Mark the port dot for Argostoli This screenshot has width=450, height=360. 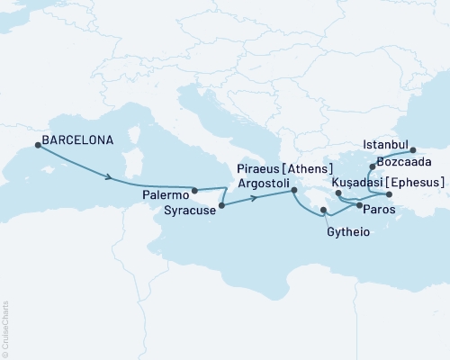coord(294,190)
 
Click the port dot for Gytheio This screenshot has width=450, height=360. coord(323,211)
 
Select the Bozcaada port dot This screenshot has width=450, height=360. coord(372,166)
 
